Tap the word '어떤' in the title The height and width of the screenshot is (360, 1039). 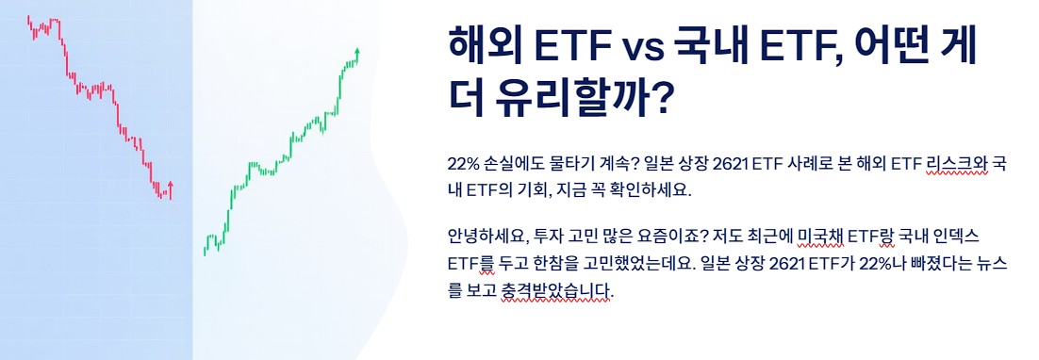882,45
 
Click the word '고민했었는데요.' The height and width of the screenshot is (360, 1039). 615,261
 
